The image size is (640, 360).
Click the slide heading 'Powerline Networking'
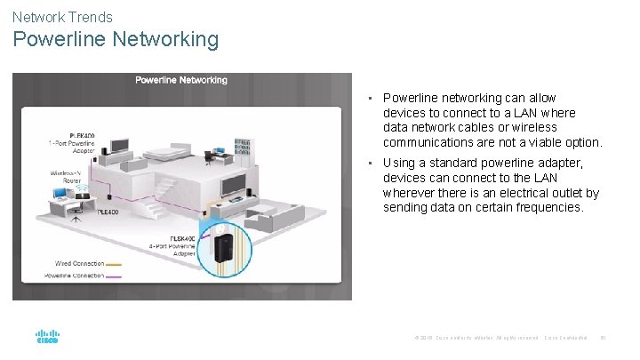coord(116,40)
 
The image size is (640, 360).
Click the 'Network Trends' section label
coord(62,16)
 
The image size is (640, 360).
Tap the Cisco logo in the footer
coord(47,337)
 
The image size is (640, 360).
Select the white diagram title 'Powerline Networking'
coord(181,80)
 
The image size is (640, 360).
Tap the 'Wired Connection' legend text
coord(80,263)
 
